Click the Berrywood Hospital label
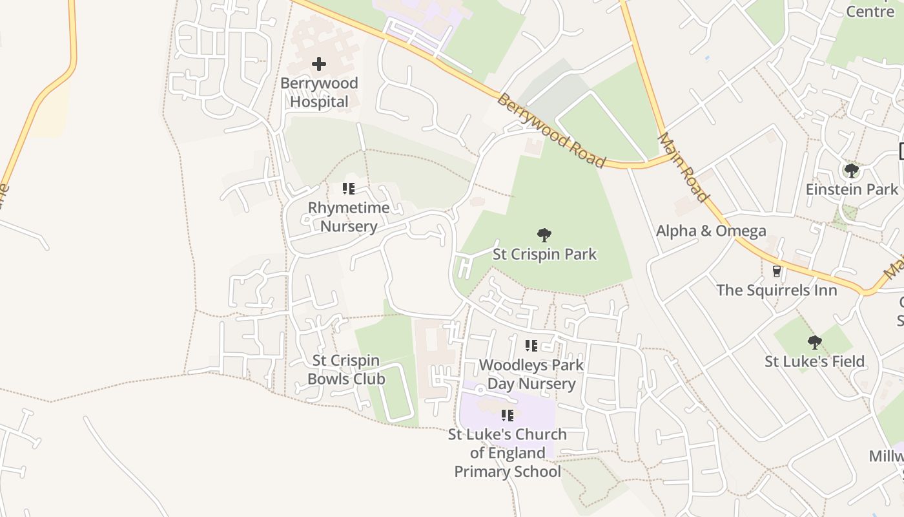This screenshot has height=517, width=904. point(318,92)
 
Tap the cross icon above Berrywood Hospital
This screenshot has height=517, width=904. point(319,64)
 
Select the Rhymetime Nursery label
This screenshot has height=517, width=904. point(349,216)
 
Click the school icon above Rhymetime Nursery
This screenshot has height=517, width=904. point(349,189)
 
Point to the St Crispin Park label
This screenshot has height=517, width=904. point(544,254)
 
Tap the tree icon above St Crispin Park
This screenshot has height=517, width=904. point(544,235)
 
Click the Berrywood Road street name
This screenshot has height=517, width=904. point(551,131)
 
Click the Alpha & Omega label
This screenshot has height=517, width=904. point(711,231)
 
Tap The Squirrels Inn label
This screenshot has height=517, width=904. point(776,290)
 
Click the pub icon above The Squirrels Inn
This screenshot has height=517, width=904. point(777,271)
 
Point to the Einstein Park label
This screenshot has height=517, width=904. point(852,189)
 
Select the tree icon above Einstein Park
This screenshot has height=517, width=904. point(852,171)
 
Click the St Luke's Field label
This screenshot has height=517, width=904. point(814,361)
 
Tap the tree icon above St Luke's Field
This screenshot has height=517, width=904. point(815,342)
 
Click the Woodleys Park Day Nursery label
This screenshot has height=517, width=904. point(531,374)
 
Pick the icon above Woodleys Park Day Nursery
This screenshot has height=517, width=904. point(531,346)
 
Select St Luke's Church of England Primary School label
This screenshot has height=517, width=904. point(508,452)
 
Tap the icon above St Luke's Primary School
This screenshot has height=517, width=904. point(508,415)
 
